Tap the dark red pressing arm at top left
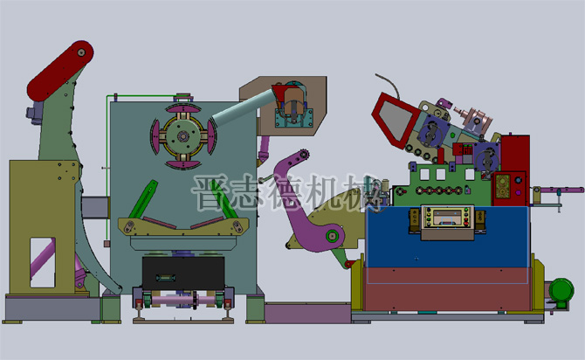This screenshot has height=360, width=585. [60, 71]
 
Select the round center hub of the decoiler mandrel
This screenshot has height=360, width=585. [182, 136]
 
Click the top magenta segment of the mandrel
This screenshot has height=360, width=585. [182, 108]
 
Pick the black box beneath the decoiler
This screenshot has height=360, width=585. [183, 273]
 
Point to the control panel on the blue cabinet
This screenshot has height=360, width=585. [447, 221]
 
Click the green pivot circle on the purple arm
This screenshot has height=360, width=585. [331, 236]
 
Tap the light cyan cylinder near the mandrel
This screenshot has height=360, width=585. [243, 108]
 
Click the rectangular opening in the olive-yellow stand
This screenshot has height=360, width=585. [43, 262]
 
